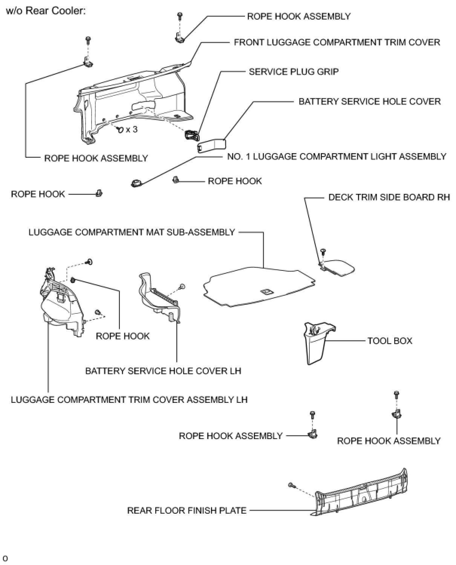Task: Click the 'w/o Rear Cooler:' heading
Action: click(46, 10)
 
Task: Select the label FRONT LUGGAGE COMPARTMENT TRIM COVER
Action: click(337, 42)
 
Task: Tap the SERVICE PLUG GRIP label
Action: click(294, 72)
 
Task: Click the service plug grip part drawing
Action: click(191, 134)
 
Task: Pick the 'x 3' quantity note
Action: click(131, 130)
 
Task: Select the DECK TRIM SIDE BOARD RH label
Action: click(389, 197)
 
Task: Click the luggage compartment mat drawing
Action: click(256, 287)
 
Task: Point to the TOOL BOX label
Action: click(390, 341)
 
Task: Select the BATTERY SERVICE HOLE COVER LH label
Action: click(163, 371)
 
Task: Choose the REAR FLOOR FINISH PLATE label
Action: click(187, 511)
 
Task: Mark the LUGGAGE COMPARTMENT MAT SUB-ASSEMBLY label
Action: click(132, 232)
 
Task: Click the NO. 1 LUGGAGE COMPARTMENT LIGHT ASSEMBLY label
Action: click(336, 157)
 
